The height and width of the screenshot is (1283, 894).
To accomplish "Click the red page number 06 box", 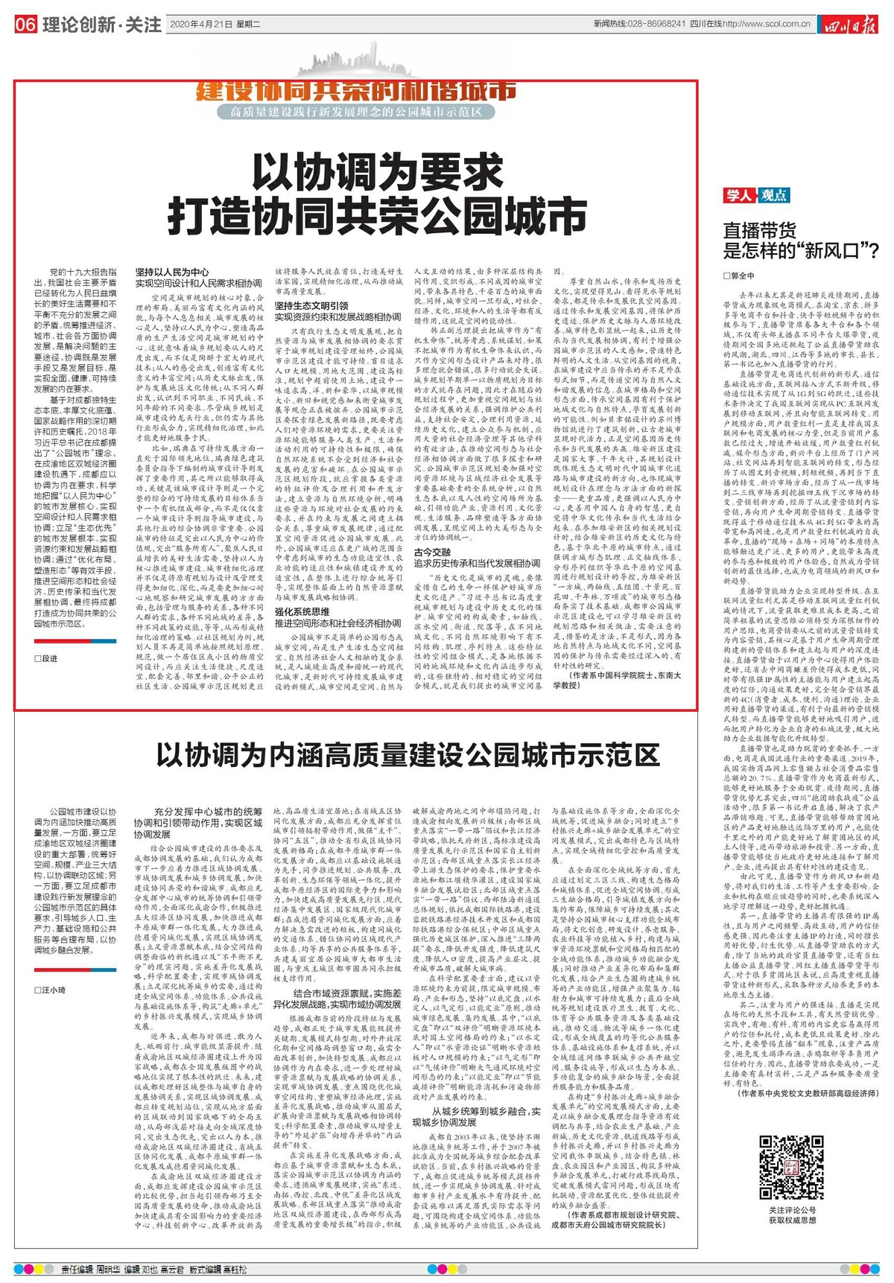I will (25, 25).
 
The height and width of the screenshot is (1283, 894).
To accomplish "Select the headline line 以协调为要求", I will (378, 175).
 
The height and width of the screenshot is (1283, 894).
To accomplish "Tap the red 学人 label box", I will (740, 195).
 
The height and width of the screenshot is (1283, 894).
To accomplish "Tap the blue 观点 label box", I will (774, 195).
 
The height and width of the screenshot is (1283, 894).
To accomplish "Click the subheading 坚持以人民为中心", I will (172, 273).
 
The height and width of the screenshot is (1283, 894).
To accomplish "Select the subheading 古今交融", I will (433, 553).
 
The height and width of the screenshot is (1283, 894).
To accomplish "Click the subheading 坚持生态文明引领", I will (311, 305).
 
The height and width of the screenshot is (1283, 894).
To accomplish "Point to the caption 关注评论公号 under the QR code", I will (792, 1211).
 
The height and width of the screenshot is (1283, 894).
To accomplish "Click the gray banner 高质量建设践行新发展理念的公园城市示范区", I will (357, 112).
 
